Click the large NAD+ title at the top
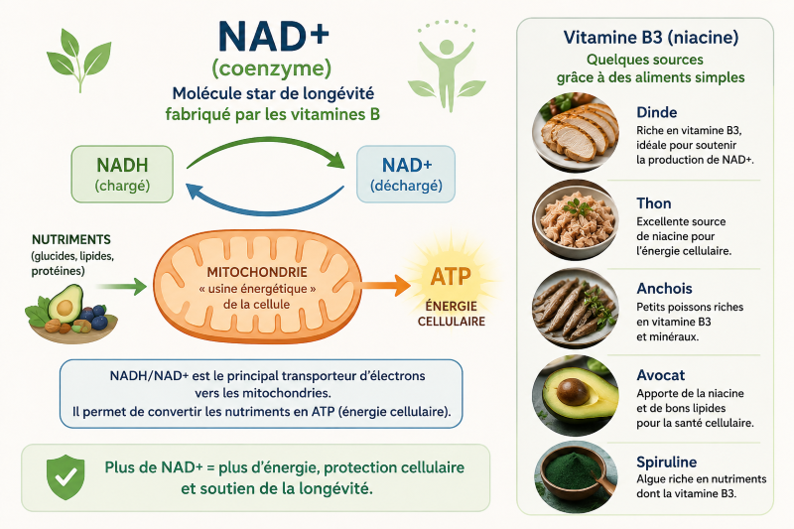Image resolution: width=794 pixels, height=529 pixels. [274, 36]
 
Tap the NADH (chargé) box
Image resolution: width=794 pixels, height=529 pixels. [122, 174]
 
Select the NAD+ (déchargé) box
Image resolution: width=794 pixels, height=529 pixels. [406, 174]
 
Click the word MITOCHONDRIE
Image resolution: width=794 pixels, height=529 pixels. [257, 272]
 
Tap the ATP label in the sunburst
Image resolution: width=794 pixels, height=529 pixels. [451, 276]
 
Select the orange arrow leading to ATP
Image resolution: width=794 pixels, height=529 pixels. [386, 285]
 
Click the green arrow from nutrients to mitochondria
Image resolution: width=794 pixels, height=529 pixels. [121, 286]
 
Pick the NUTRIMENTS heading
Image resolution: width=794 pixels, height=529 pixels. [70, 239]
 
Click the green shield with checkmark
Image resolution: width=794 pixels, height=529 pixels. [66, 476]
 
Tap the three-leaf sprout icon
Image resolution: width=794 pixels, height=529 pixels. [79, 60]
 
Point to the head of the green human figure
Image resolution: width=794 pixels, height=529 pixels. [447, 47]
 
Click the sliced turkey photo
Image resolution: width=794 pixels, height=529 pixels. [576, 133]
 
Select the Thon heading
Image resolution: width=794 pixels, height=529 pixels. [654, 203]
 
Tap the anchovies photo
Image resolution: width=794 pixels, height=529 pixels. [576, 309]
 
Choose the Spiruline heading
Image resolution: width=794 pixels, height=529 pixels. [666, 462]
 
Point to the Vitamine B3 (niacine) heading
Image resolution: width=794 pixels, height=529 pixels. [651, 38]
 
